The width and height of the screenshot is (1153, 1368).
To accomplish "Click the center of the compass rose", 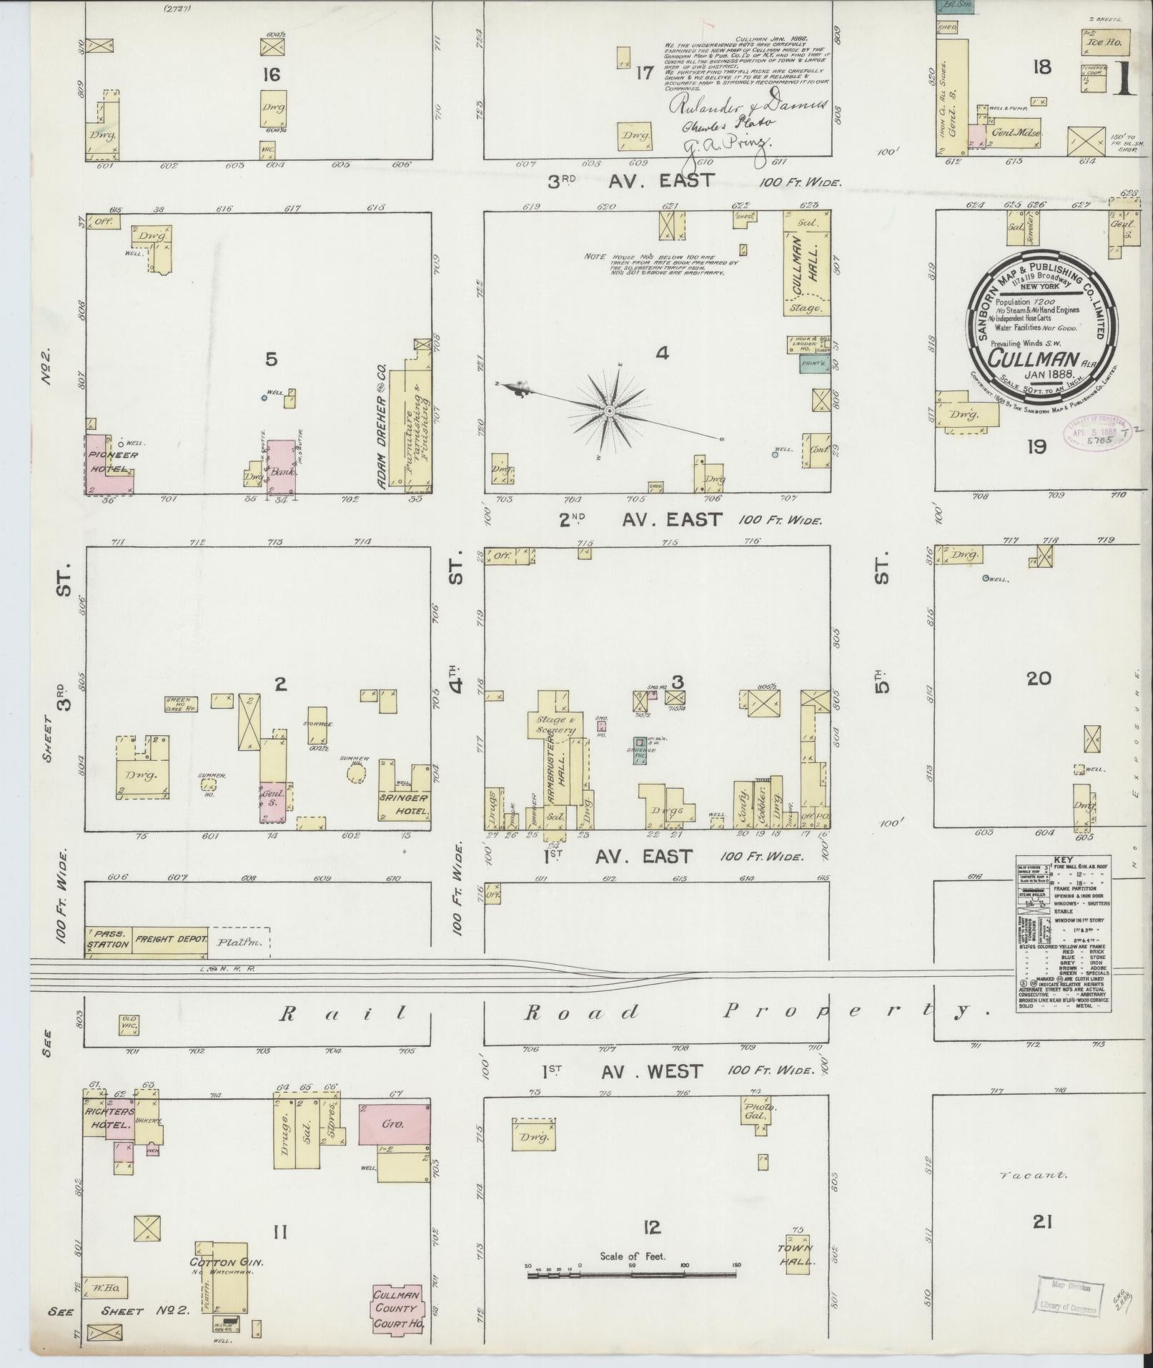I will click(x=609, y=410).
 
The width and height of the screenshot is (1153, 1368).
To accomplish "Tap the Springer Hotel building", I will click(x=405, y=804).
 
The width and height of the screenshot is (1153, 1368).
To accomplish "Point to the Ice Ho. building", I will click(x=1107, y=43).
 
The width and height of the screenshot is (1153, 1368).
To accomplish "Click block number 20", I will click(x=1038, y=677).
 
